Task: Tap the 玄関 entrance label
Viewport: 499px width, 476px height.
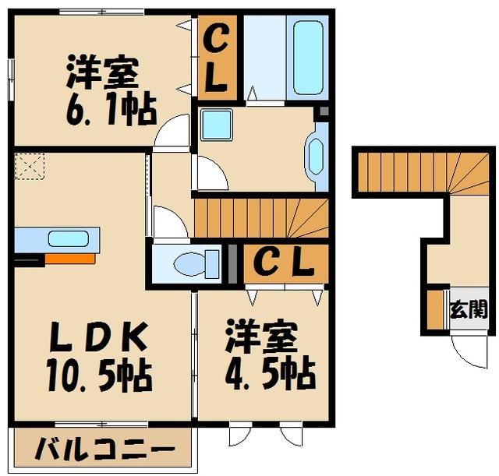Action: pyautogui.click(x=467, y=309)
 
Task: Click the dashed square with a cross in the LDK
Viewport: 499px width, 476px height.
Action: pyautogui.click(x=30, y=167)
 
